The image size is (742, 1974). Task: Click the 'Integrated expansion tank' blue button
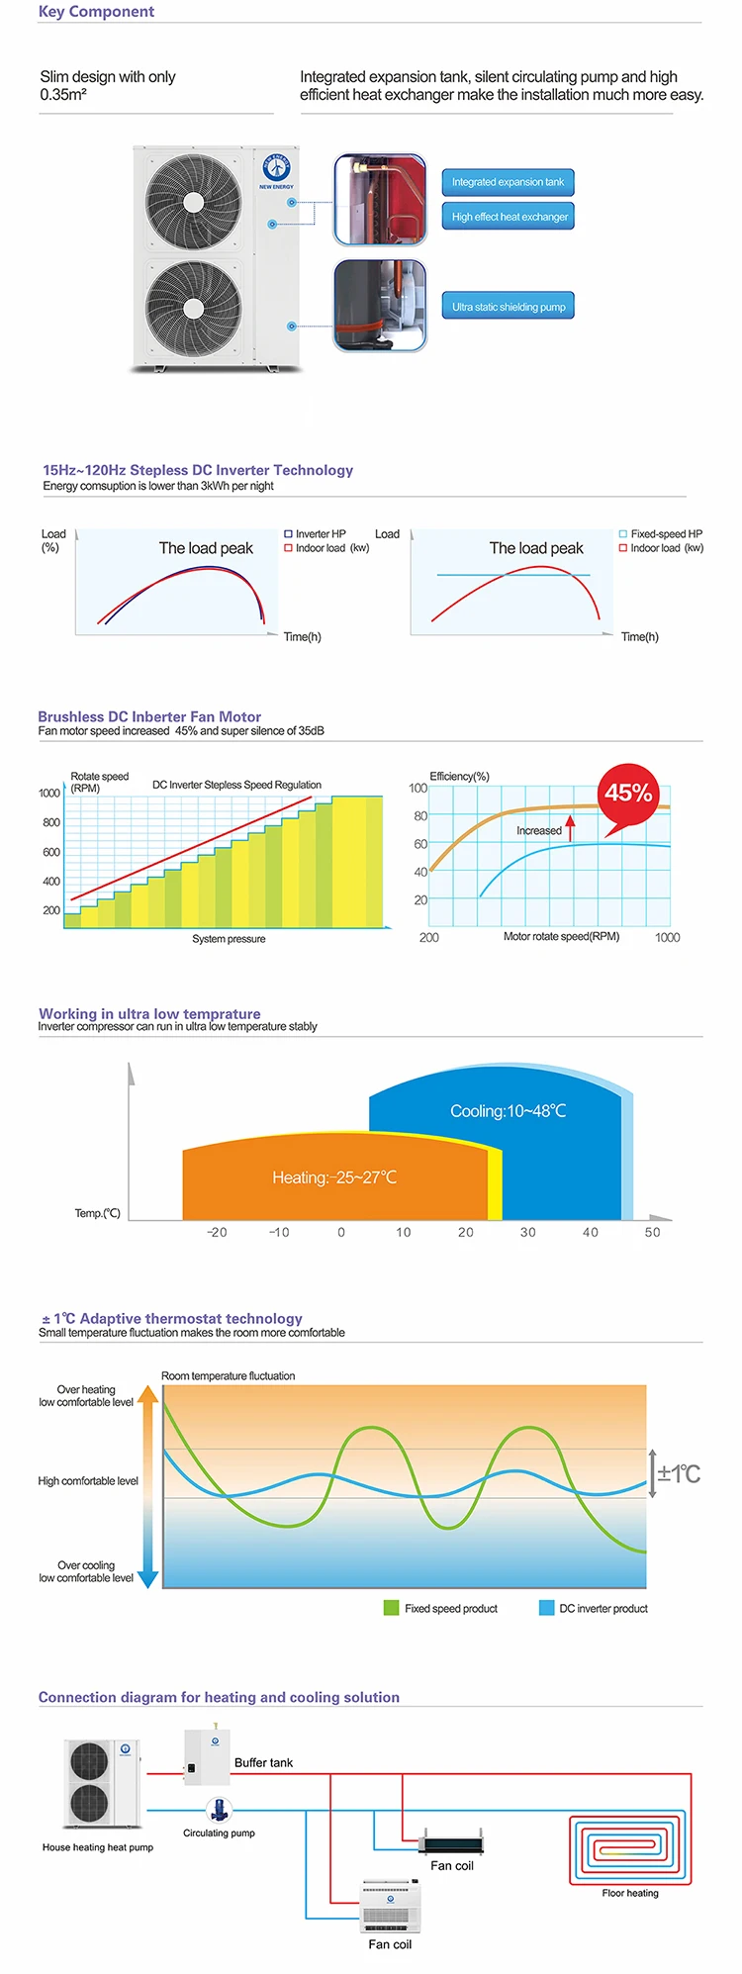[508, 182]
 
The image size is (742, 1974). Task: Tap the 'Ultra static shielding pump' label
[509, 307]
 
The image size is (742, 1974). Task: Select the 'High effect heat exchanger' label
[510, 217]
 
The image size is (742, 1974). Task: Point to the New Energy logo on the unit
[276, 167]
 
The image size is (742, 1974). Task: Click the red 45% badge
[628, 793]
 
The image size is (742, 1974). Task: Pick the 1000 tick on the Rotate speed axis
[49, 793]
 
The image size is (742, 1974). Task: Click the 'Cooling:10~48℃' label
[508, 1111]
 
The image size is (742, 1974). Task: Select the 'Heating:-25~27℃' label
[334, 1177]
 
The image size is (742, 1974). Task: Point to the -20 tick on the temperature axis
[217, 1233]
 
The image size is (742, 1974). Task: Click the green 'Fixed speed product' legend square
[391, 1608]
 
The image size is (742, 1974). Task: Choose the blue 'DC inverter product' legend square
[546, 1608]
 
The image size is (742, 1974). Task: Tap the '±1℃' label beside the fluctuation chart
[679, 1474]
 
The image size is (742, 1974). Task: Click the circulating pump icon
[219, 1810]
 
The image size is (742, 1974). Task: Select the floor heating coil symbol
[629, 1847]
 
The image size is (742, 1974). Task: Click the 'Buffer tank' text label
[263, 1762]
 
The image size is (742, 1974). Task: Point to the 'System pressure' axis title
[229, 939]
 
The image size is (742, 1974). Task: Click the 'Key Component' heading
[96, 12]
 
